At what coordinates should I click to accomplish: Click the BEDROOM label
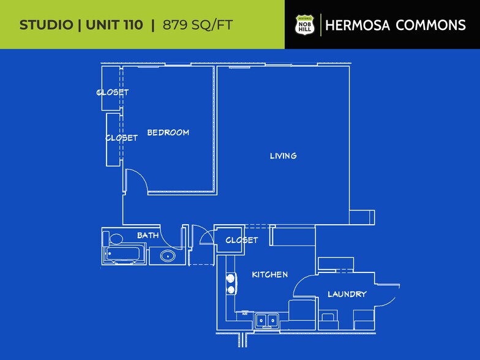tap(168, 132)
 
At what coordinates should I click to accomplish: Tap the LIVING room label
tap(283, 156)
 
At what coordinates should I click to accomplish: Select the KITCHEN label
tap(270, 274)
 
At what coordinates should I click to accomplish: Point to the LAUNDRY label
tap(347, 294)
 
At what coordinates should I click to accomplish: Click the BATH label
tap(148, 235)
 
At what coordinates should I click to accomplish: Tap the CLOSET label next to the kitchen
tap(242, 240)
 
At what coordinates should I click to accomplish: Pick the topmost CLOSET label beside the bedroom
tap(113, 92)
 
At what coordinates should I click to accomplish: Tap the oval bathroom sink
tap(166, 256)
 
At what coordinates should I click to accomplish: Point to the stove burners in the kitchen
tap(231, 283)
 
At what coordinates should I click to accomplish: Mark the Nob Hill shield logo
tap(304, 25)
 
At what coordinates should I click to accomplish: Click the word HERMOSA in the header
tap(358, 25)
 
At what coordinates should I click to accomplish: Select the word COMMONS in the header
tap(431, 25)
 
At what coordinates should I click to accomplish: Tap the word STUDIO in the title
tap(46, 25)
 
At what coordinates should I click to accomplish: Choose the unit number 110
tap(132, 25)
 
